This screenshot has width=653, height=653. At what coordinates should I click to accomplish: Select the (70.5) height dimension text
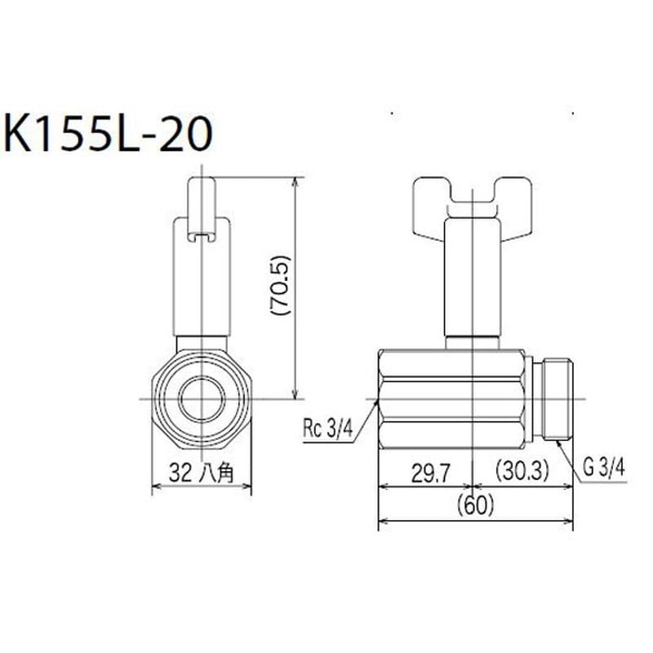[281, 286]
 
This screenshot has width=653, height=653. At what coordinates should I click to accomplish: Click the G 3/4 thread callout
[605, 467]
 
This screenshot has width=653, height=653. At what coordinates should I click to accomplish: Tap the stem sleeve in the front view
[201, 286]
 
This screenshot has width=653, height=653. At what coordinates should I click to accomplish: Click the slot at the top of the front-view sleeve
[201, 237]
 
